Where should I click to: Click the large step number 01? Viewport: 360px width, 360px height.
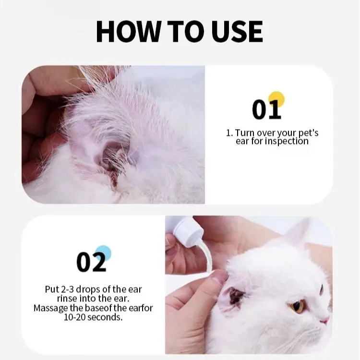click(x=266, y=109)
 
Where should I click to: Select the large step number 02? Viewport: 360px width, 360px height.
click(x=91, y=262)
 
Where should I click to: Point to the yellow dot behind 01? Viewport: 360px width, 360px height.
click(x=276, y=99)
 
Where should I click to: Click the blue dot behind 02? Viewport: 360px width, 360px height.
click(x=104, y=253)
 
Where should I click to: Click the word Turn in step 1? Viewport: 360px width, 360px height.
click(x=245, y=132)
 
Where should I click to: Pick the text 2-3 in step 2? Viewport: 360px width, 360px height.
click(x=68, y=289)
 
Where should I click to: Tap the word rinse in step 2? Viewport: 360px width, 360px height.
click(x=67, y=299)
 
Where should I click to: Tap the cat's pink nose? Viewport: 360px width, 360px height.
click(x=324, y=320)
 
